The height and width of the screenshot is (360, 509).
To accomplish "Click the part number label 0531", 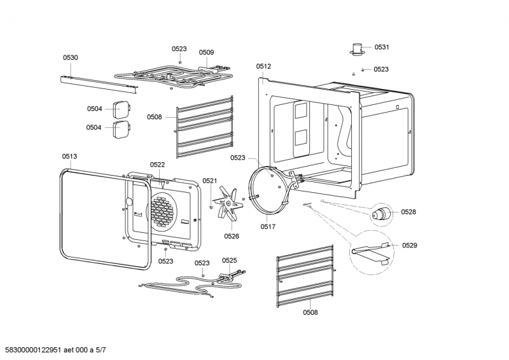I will (382, 47).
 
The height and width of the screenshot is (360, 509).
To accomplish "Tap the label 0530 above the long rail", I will (70, 57).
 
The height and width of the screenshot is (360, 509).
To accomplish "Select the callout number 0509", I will (206, 53).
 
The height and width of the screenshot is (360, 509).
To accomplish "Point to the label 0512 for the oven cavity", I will (263, 66).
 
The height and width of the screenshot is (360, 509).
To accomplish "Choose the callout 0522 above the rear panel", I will (158, 165).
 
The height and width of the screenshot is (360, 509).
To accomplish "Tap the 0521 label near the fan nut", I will (210, 181).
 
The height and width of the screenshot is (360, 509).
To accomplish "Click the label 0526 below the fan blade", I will (231, 236).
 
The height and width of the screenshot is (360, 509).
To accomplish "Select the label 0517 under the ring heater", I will (268, 225).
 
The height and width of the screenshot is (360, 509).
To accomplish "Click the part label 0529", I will (409, 245).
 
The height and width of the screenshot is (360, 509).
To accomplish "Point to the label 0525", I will (229, 260).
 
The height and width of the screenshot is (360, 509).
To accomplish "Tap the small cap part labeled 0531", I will (359, 49).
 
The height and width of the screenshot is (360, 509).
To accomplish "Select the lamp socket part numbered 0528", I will (382, 214).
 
